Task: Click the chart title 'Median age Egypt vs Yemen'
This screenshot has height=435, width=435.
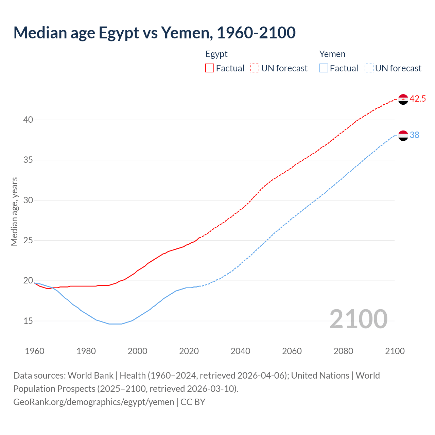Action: (154, 33)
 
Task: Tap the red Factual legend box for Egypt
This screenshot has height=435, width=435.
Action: (210, 68)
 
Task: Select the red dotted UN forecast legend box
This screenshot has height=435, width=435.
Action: (255, 68)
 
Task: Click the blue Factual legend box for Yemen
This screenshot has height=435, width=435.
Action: (324, 68)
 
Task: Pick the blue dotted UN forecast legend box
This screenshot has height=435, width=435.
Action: (369, 68)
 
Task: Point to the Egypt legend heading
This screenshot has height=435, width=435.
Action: (216, 54)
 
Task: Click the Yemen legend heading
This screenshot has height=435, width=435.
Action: (332, 54)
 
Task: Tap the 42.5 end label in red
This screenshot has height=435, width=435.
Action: (418, 99)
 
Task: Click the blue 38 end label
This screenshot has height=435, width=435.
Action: (415, 135)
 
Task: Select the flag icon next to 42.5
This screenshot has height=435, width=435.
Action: (403, 99)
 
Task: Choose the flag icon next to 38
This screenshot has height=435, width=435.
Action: (403, 135)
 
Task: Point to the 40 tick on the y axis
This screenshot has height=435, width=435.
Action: (28, 120)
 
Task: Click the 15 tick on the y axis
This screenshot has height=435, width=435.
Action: (28, 321)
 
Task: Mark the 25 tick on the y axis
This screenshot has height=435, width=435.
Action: (28, 241)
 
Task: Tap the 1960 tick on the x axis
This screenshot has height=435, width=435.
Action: (35, 351)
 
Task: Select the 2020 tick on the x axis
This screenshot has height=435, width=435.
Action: (189, 351)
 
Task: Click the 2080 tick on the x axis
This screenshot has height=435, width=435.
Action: (343, 351)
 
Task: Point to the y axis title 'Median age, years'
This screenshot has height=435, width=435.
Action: (14, 211)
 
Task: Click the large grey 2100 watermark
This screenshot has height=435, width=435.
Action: (358, 319)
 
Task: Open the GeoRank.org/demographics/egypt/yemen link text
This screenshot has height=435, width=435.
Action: (93, 402)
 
